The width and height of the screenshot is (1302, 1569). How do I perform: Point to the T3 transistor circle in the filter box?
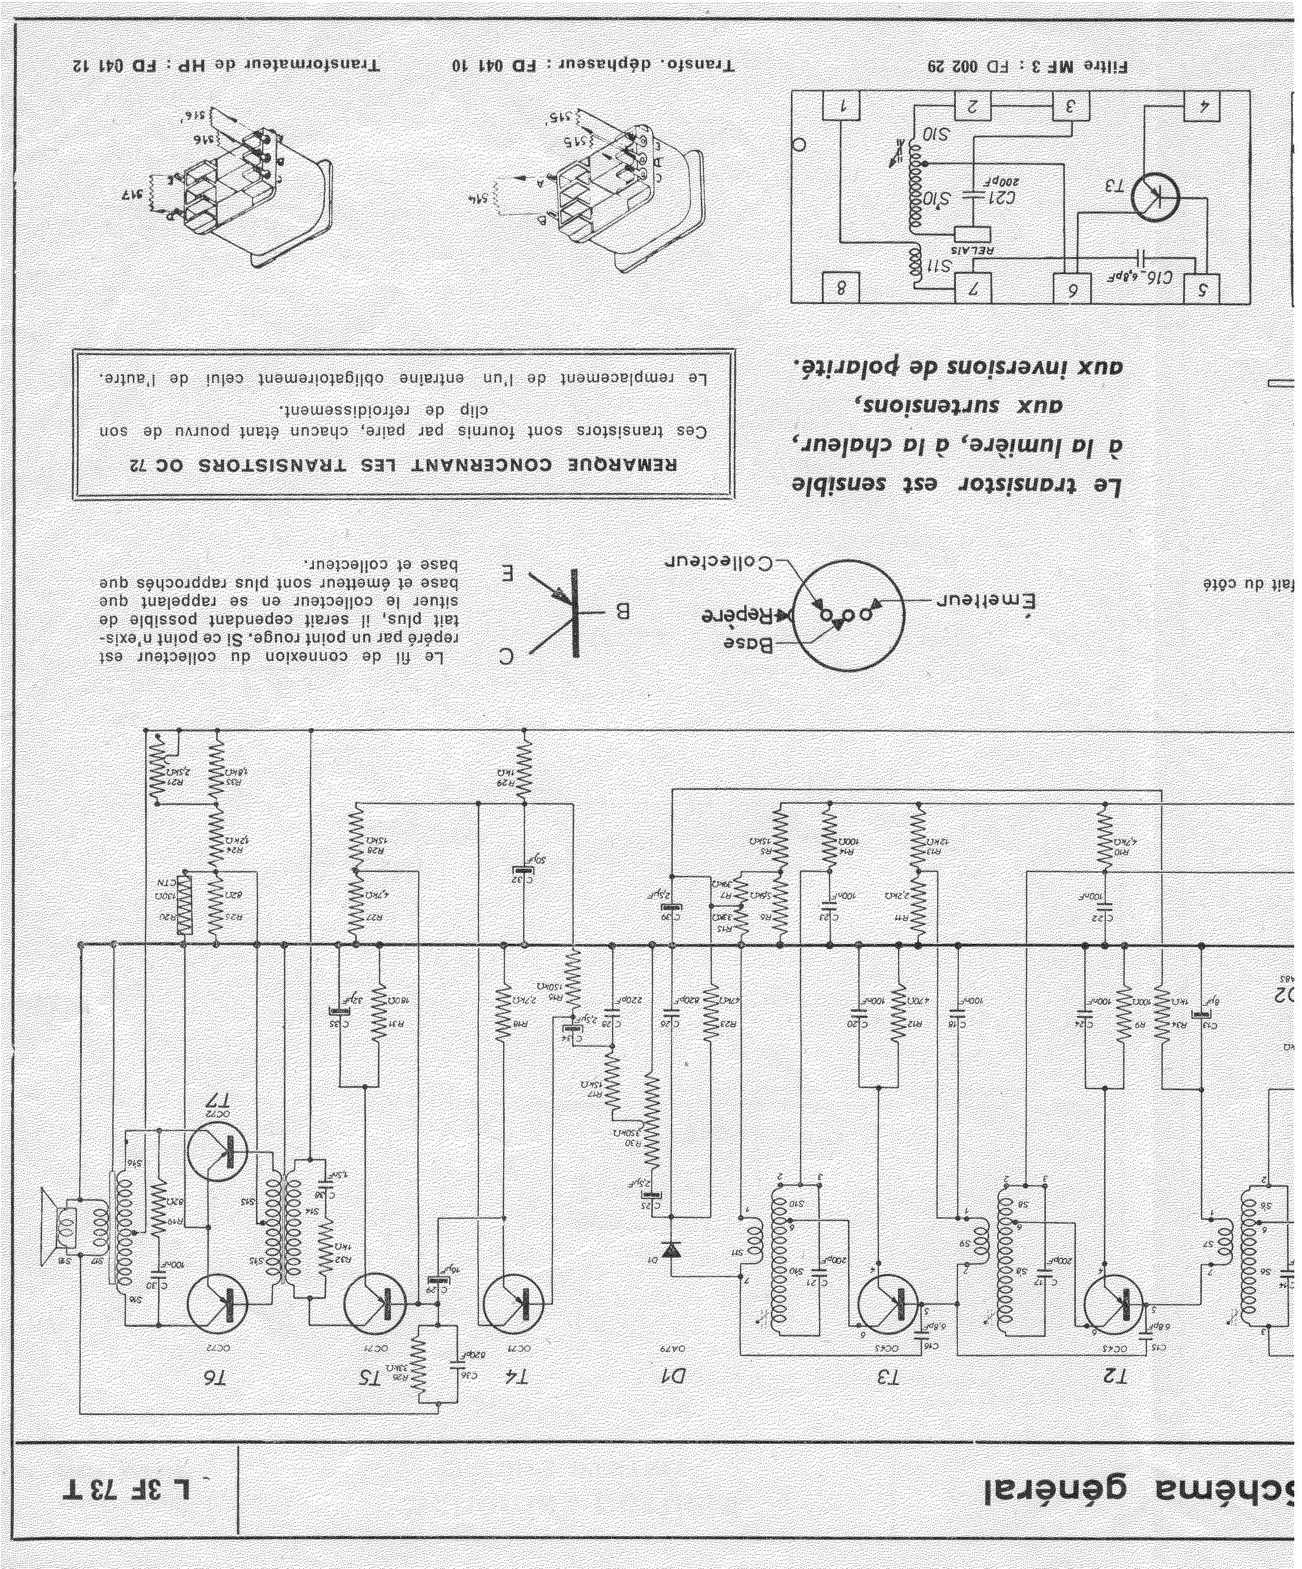pyautogui.click(x=1155, y=198)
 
